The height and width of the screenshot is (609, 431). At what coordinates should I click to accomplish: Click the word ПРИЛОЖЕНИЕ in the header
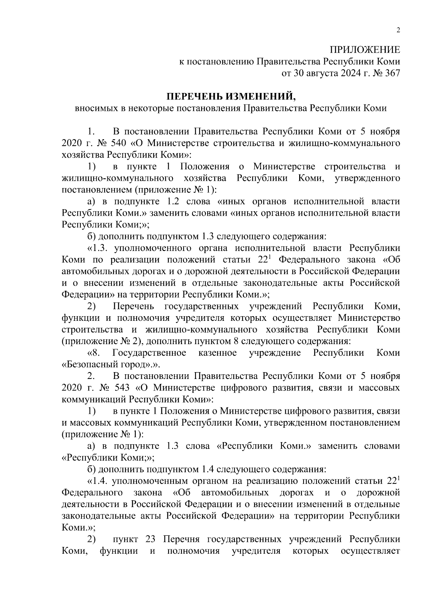click(365, 50)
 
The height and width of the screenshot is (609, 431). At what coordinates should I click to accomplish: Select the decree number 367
click(392, 74)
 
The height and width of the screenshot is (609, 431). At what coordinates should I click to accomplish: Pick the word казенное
click(218, 353)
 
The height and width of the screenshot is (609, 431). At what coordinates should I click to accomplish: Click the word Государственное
click(149, 353)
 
